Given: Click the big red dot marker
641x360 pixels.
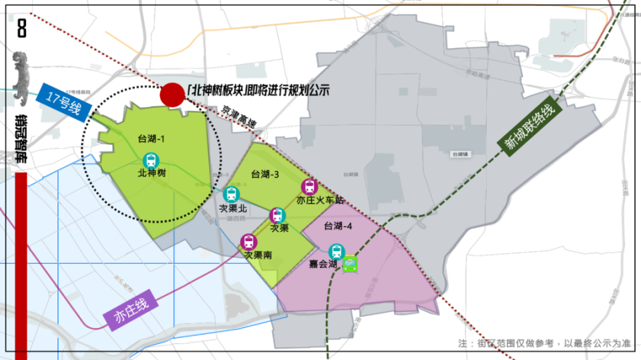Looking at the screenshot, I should coord(172,95).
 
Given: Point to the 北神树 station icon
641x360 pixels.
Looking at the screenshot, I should coord(152,160).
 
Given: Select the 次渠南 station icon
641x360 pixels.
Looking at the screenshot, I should coord(248,242).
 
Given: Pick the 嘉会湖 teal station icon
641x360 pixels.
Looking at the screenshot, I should coord(337,251).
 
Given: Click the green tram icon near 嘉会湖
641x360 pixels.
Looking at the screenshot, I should coord(351,264).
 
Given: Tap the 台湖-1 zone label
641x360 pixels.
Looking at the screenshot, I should coord(150,139).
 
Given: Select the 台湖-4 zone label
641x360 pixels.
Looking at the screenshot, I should coord(337,226).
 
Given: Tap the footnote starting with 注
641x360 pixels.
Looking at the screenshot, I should coord(544,343).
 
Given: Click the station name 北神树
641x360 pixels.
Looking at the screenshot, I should coord(152,173).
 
